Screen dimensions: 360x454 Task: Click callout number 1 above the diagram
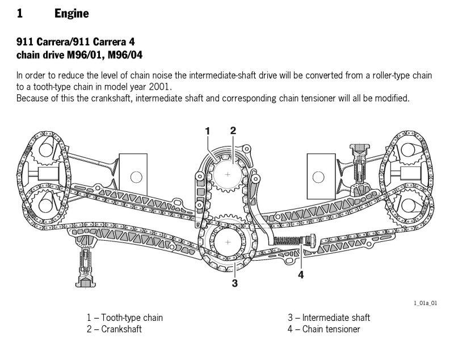point(208,131)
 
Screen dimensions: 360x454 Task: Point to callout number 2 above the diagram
point(233,131)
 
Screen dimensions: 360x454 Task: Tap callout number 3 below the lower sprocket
point(234,283)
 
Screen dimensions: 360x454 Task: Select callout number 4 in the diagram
point(301,275)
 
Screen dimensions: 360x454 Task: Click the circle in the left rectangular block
point(134,177)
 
